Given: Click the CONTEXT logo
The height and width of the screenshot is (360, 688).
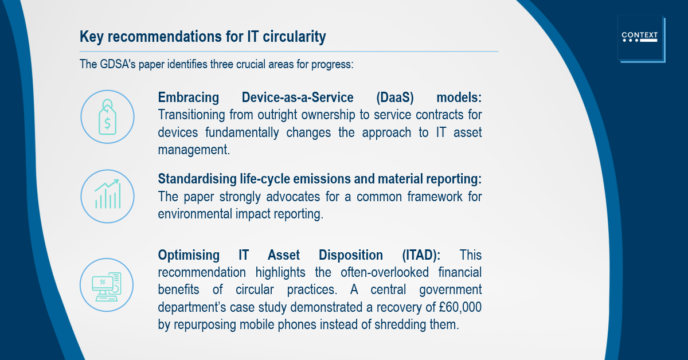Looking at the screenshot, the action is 642,38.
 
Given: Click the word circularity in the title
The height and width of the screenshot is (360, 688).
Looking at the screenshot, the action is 294,37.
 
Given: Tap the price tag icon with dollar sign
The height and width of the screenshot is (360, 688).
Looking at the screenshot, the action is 107,117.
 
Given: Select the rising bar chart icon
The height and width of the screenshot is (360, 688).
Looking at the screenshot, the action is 108,194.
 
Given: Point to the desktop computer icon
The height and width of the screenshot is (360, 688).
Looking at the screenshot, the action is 107,287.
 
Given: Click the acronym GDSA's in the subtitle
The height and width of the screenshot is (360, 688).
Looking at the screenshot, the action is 118,64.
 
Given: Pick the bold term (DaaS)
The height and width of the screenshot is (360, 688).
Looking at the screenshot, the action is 395,97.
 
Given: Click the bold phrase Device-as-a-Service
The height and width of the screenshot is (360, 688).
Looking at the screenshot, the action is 298,97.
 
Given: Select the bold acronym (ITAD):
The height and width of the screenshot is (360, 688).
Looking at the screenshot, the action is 421,255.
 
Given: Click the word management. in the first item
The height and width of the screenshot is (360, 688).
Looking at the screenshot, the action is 194,150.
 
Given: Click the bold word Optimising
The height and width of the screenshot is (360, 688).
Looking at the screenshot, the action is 189,255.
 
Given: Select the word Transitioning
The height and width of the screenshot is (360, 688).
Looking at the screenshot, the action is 191,115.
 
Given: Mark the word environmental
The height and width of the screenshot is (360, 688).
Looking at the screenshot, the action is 195,214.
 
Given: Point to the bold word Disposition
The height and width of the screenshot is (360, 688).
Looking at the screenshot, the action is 351,255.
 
